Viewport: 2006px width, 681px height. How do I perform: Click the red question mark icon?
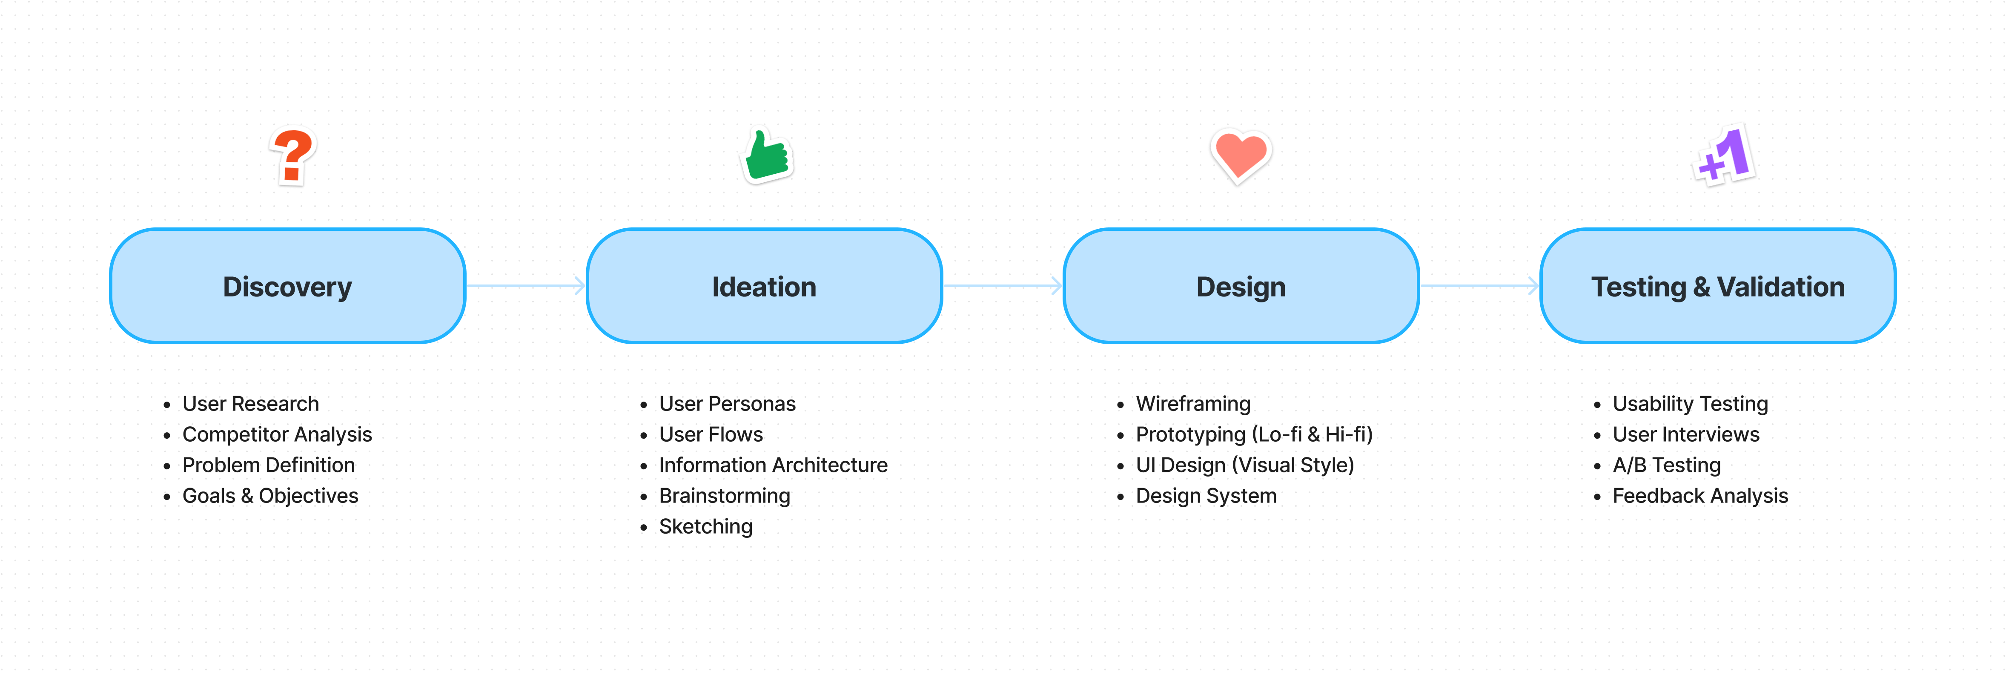coord(293,157)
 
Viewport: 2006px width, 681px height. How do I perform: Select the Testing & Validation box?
coord(1718,286)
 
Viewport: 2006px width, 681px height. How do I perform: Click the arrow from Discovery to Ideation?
coord(526,286)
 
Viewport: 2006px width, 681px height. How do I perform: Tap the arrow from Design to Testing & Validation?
coord(1479,286)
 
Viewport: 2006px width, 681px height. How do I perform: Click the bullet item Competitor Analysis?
coord(277,434)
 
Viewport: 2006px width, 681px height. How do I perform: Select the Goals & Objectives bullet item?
coord(270,496)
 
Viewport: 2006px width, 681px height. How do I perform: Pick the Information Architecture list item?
coord(773,465)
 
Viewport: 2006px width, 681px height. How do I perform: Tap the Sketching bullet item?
coord(705,527)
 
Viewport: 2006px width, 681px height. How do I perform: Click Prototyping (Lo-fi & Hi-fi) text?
coord(1254,434)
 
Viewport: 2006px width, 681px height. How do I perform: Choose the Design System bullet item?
coord(1206,496)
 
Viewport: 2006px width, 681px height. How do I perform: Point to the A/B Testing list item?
coord(1666,465)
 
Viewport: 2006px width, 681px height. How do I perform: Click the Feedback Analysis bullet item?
coord(1700,496)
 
